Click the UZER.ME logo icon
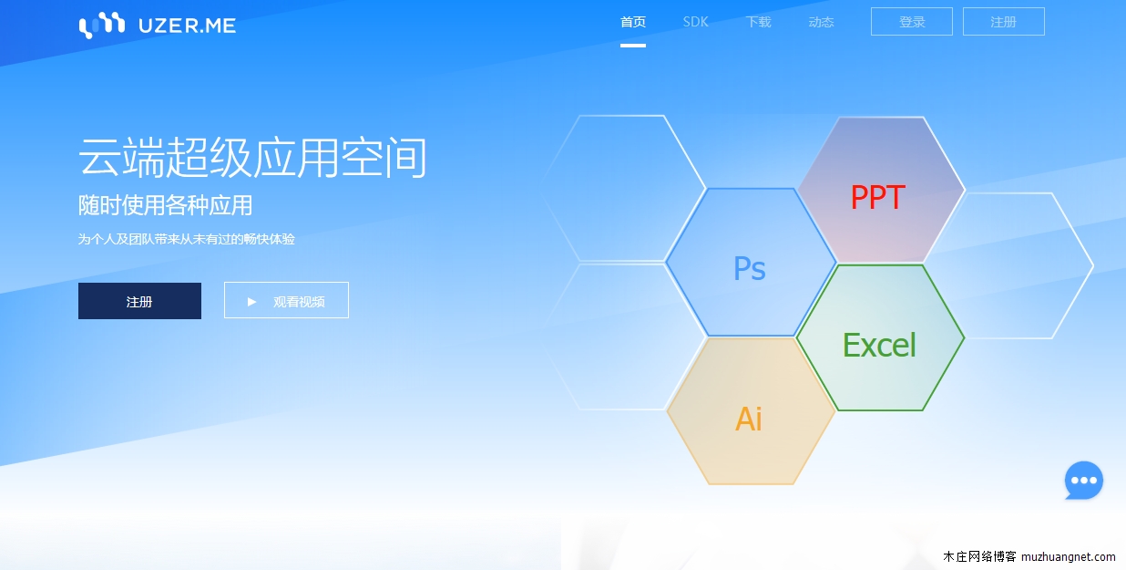101,26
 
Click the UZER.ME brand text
187,26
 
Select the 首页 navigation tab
633,22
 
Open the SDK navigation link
695,22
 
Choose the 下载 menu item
758,22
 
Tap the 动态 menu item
821,22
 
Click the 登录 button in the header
912,22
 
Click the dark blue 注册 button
139,302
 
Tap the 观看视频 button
286,301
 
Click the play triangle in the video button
252,301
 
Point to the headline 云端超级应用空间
252,159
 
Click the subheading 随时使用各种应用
165,205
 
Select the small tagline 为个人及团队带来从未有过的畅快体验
187,239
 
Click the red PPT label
877,197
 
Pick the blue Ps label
750,268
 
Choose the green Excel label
879,345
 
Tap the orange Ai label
749,419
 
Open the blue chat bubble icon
1083,481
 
